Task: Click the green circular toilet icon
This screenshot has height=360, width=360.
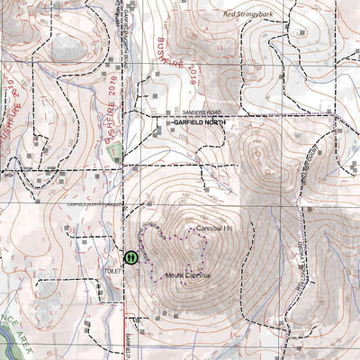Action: [x=131, y=256]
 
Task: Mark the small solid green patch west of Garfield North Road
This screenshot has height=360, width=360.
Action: [x=115, y=153]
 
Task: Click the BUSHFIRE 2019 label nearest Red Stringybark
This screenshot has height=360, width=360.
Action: [x=183, y=61]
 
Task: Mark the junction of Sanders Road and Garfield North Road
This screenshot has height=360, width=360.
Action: [x=135, y=118]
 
